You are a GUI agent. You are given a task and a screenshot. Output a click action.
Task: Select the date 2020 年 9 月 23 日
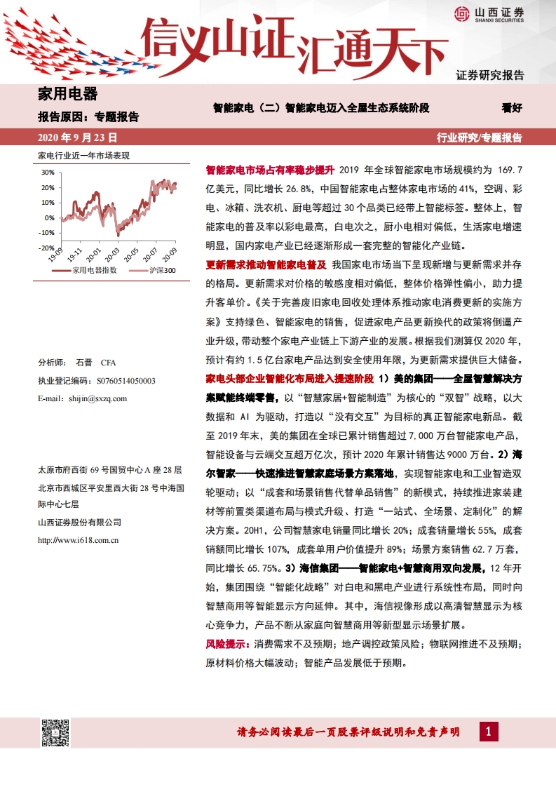point(78,137)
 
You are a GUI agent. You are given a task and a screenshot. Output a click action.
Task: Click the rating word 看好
point(512,108)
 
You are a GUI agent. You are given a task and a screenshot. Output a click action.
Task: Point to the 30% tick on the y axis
point(48,172)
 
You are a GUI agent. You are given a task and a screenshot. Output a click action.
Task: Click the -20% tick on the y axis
point(46,248)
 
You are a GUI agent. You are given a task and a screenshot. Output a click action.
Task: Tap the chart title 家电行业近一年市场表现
point(83,156)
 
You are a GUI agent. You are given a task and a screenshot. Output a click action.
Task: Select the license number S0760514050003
point(116,380)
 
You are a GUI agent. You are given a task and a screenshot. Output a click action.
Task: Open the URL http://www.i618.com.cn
point(77,540)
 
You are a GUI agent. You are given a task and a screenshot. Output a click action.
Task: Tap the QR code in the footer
point(55,733)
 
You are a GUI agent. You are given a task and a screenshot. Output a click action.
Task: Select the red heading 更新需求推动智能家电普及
point(266,265)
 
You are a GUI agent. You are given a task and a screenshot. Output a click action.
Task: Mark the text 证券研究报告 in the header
point(489,75)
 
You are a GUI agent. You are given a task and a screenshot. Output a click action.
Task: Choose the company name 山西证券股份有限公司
point(79,522)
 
